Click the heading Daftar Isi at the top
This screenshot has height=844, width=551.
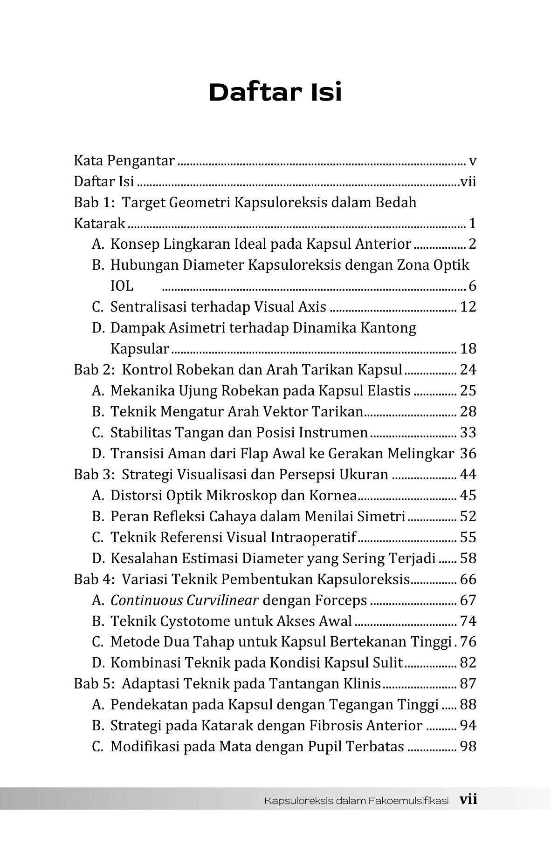[x=275, y=92]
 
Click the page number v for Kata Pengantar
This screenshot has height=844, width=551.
[x=472, y=161]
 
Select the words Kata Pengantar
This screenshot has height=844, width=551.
[x=124, y=161]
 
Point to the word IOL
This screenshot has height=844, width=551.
[x=122, y=286]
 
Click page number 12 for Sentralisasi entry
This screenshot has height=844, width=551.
[x=468, y=307]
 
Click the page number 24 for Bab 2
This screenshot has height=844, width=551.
[x=468, y=370]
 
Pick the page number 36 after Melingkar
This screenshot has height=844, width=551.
[x=468, y=454]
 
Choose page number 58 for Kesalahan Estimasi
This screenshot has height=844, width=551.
[x=468, y=558]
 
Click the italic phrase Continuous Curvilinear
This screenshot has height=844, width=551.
[x=184, y=600]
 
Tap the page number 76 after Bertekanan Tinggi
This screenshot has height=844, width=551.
[x=468, y=642]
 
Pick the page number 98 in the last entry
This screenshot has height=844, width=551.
[x=468, y=747]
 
